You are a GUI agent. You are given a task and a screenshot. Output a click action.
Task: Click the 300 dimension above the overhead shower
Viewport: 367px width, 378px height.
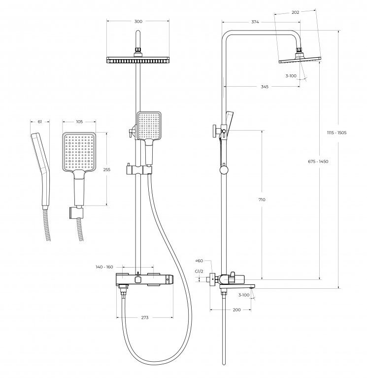click(x=138, y=22)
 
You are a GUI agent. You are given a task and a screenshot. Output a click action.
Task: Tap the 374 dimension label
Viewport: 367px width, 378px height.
click(x=255, y=22)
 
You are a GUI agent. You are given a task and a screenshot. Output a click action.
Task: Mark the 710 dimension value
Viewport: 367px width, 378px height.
click(x=262, y=199)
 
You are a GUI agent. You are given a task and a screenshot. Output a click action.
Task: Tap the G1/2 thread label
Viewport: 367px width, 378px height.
click(x=199, y=271)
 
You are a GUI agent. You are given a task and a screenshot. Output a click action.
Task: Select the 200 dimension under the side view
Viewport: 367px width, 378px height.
click(x=236, y=310)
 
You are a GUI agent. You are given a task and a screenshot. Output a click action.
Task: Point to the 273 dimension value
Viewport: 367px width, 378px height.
click(x=145, y=318)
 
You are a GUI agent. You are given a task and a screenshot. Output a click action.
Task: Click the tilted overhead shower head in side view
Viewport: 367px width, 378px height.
click(x=300, y=60)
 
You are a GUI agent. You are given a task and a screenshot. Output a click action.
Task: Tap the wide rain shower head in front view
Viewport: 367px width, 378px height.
click(x=138, y=60)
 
